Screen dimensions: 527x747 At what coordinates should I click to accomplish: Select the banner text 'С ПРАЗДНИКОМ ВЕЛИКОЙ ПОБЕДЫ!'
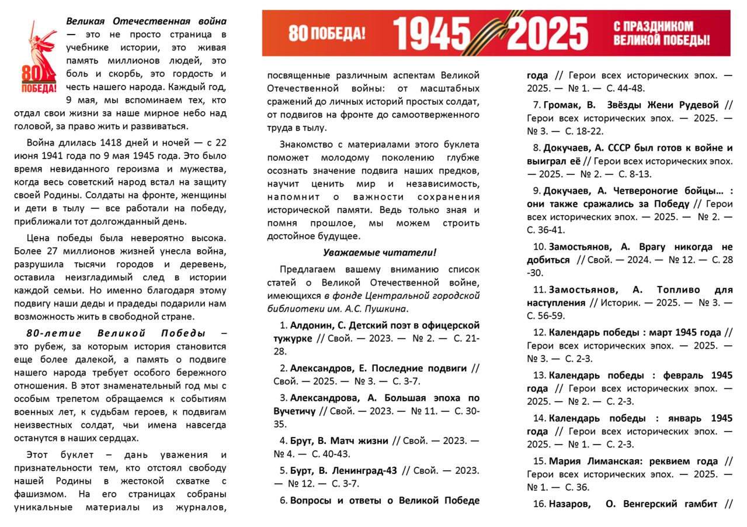[662, 33]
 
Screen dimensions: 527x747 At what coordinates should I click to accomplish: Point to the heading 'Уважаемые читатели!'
[380, 252]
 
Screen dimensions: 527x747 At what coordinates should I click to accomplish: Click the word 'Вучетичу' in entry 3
[295, 411]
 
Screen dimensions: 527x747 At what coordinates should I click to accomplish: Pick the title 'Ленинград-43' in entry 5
[367, 470]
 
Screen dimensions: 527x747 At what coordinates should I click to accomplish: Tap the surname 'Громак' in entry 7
[563, 105]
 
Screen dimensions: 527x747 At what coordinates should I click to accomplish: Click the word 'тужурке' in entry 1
[293, 338]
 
